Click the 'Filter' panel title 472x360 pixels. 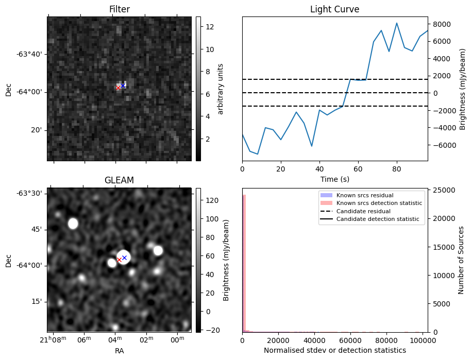[x=119, y=9]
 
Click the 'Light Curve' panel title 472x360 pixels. [x=334, y=9]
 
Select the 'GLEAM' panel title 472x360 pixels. [x=119, y=180]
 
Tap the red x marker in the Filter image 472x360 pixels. [x=118, y=88]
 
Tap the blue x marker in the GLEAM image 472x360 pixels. [x=124, y=258]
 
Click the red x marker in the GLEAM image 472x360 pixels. [x=119, y=260]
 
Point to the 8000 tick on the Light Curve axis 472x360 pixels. [x=442, y=24]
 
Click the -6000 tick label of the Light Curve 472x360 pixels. [x=442, y=145]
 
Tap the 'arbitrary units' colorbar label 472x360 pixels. [x=221, y=89]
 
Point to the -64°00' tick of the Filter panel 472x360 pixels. [x=32, y=92]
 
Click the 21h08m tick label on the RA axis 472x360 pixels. [x=53, y=339]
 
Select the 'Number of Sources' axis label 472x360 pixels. [x=462, y=260]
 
